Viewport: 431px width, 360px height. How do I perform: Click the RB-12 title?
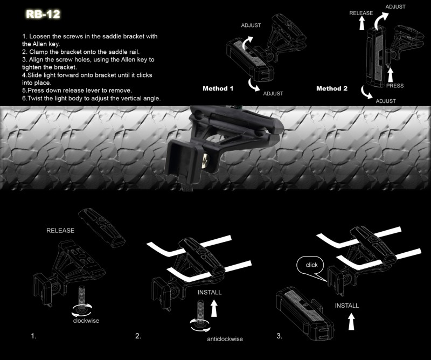[x=43, y=14]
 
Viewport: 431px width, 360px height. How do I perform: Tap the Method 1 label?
[x=218, y=88]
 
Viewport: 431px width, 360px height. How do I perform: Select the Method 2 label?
[x=332, y=88]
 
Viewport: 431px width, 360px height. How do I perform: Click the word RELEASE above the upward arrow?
[x=361, y=13]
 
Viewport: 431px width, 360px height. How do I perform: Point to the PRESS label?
[x=395, y=86]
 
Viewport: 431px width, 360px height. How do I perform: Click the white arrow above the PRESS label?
[x=390, y=74]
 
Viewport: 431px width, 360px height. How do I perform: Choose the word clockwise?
[x=86, y=321]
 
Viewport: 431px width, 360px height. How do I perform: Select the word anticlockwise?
[x=225, y=339]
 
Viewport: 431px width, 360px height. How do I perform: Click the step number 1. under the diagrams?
[x=33, y=336]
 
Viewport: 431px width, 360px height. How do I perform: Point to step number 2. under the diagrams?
[x=138, y=336]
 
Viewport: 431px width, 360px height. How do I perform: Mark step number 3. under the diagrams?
[x=279, y=336]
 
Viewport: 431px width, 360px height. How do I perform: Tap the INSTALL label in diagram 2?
[x=210, y=292]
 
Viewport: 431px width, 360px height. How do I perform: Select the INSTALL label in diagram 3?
[x=347, y=306]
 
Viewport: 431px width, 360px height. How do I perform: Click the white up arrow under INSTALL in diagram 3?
[x=351, y=322]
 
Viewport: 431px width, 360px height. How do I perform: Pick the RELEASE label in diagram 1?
[x=60, y=231]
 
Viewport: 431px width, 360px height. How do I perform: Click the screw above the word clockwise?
[x=82, y=297]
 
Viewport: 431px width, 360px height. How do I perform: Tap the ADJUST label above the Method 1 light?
[x=251, y=25]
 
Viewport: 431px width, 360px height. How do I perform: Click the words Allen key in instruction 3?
[x=135, y=60]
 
